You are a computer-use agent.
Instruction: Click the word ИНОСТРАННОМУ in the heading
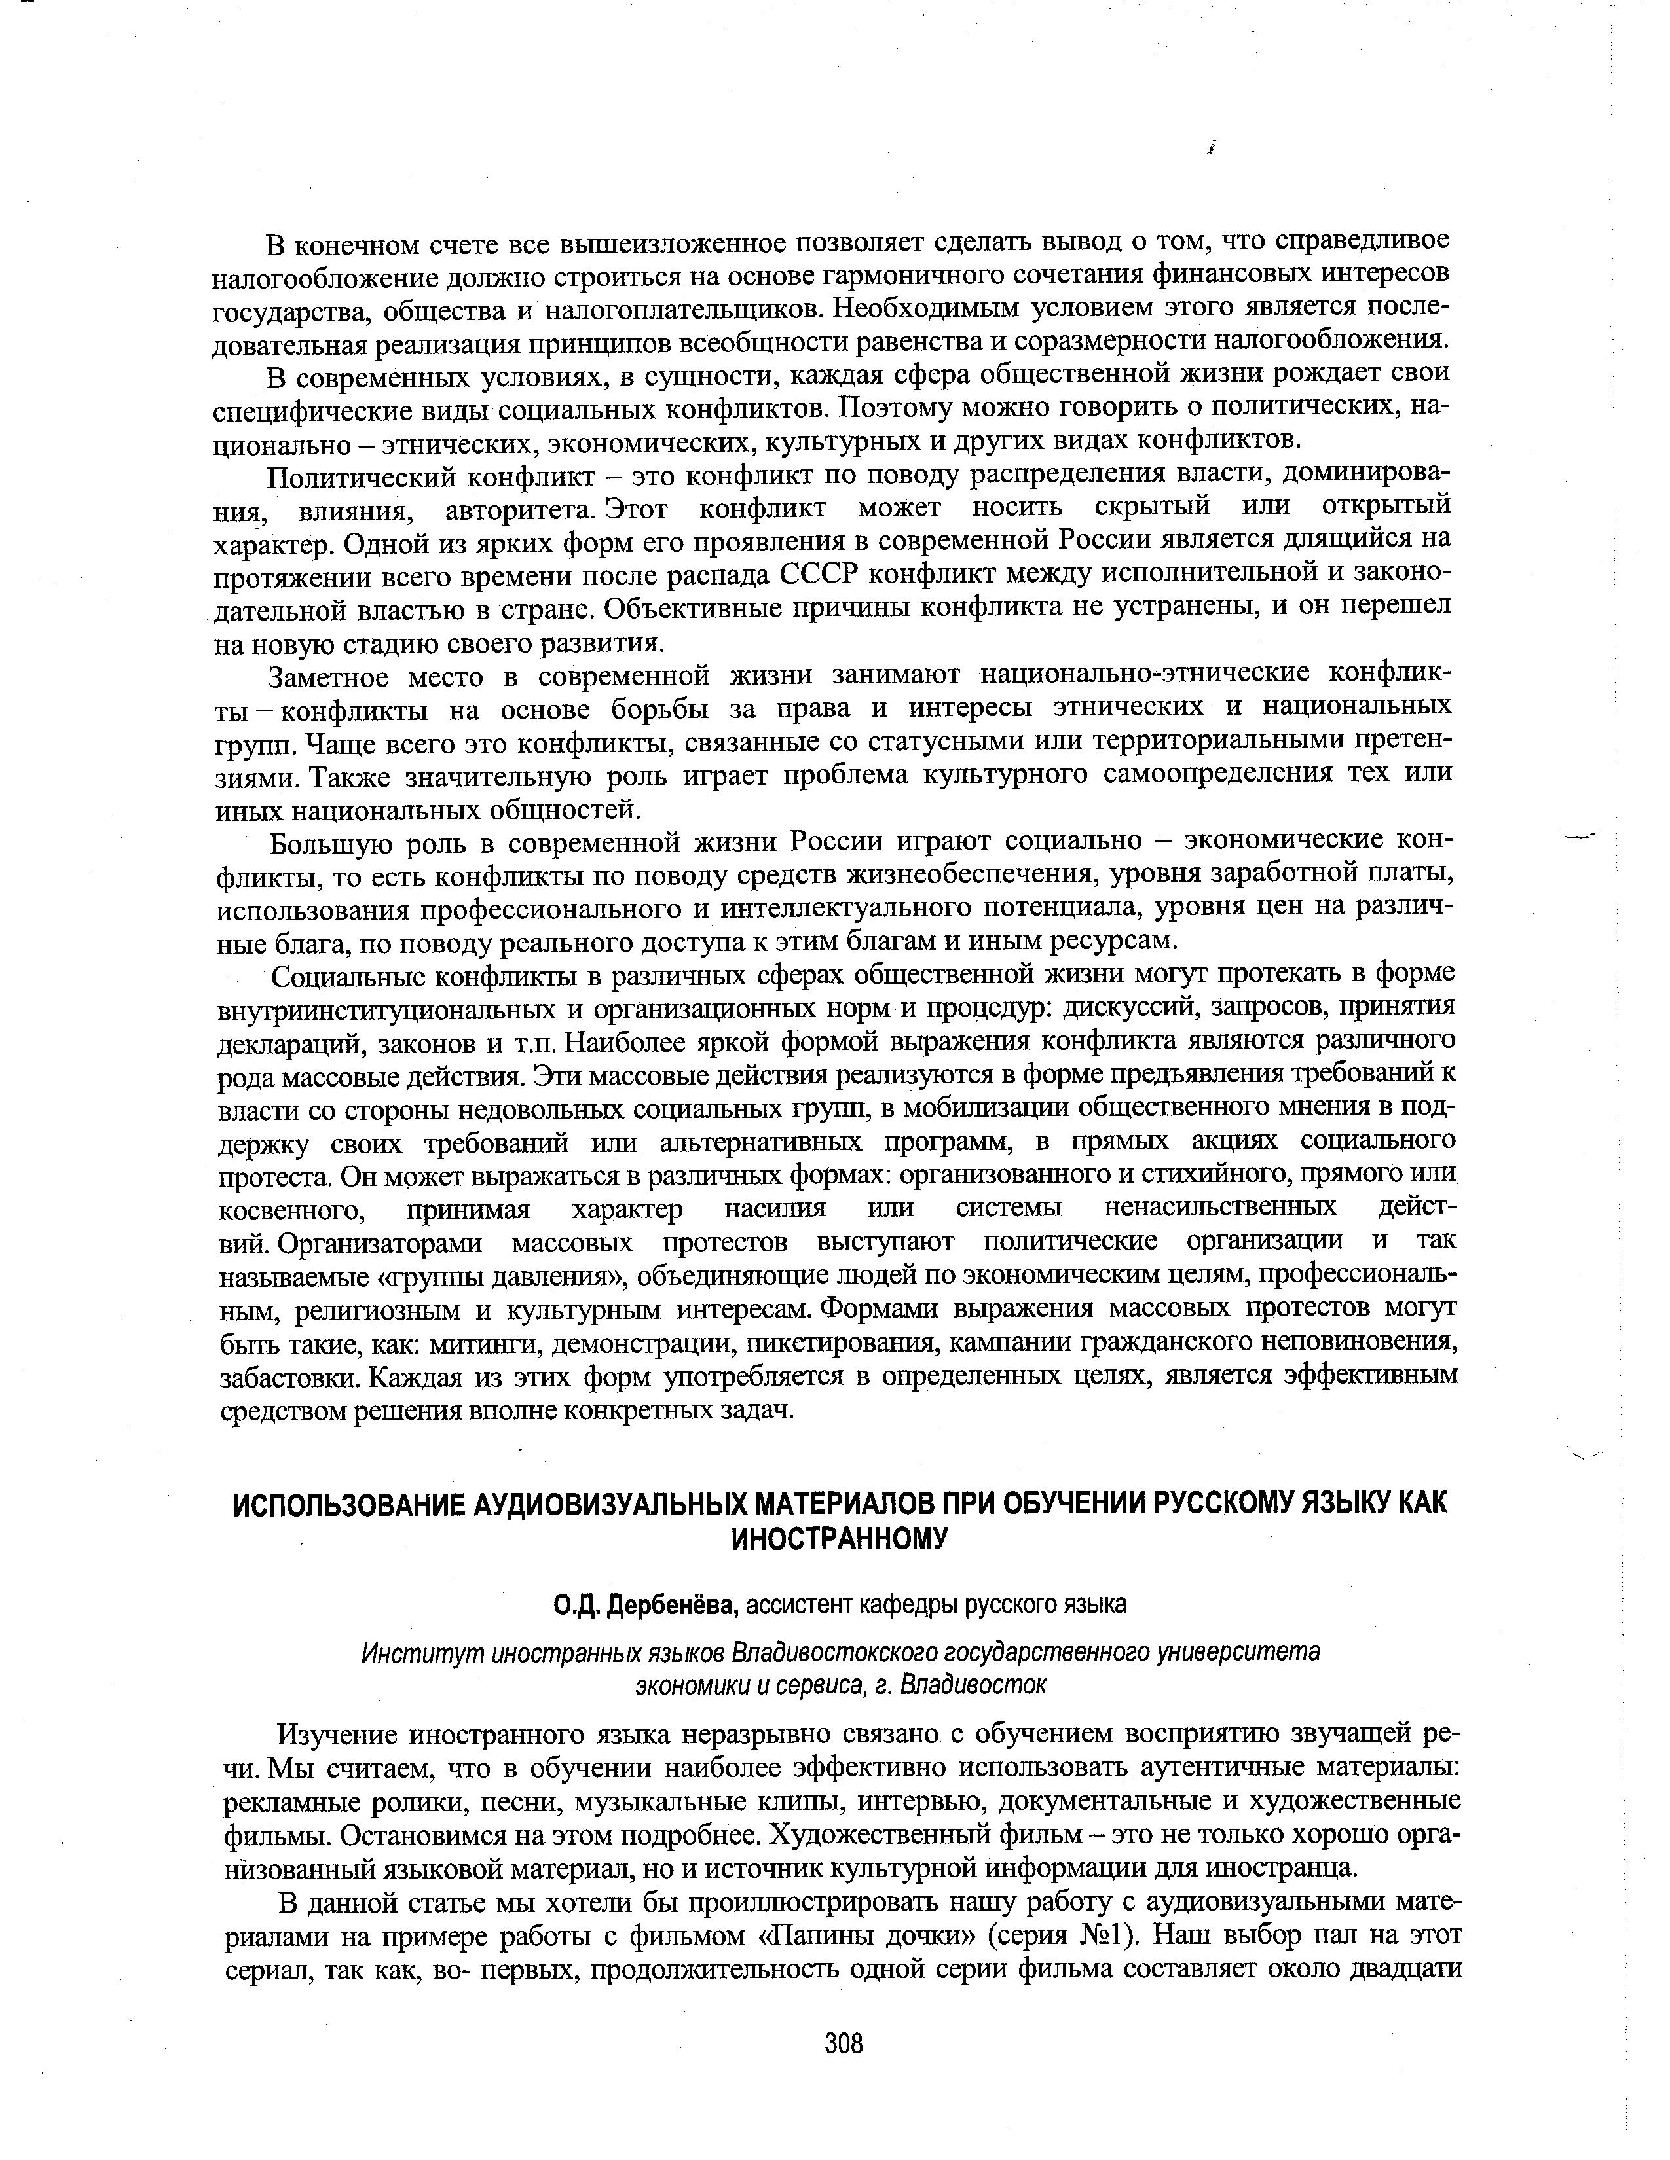839,1539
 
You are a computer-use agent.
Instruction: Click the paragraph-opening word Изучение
335,1735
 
